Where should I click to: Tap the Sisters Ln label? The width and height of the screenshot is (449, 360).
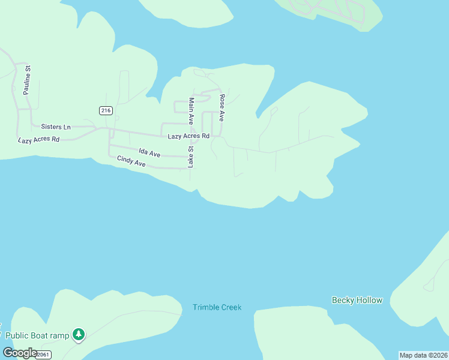click(56, 127)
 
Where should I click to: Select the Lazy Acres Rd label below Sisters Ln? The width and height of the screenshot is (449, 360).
click(39, 139)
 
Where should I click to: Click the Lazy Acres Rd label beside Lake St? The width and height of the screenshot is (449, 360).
click(188, 136)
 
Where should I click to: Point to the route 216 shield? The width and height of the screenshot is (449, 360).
click(106, 110)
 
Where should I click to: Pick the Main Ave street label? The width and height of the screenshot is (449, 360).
click(191, 112)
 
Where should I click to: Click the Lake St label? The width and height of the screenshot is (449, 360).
click(191, 157)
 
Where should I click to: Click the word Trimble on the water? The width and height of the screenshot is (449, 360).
click(205, 307)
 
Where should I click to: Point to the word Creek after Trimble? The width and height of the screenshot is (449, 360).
click(231, 307)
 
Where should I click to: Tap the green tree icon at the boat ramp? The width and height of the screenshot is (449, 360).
click(79, 334)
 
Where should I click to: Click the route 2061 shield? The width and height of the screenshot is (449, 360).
click(43, 355)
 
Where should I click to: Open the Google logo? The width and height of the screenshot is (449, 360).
click(19, 353)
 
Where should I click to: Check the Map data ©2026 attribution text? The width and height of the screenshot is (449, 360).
click(423, 355)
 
